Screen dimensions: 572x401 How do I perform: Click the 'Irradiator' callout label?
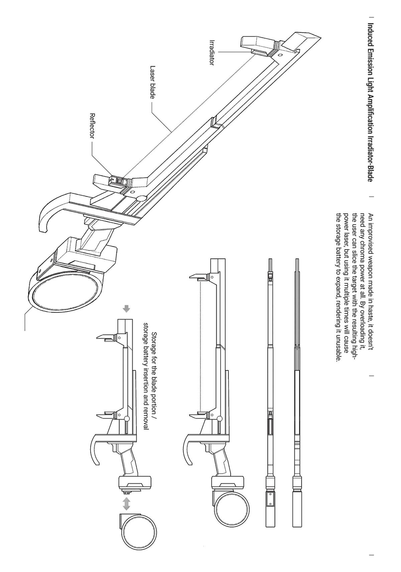coord(212,52)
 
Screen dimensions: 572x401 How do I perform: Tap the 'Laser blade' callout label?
coord(152,82)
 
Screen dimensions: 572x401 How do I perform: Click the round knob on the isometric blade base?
coord(142,198)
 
